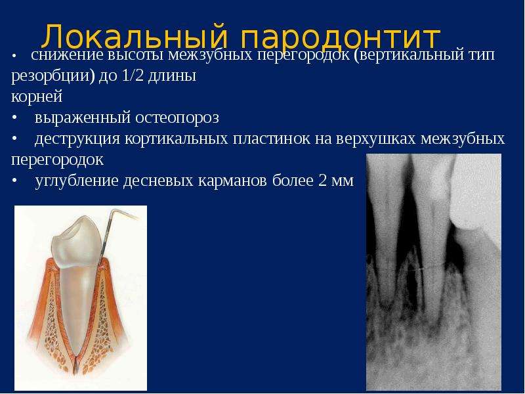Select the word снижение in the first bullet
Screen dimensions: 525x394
68,55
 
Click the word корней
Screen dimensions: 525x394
37,97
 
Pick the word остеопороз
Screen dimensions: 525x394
177,118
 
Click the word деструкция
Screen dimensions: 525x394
77,139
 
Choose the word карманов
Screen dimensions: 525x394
232,181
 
